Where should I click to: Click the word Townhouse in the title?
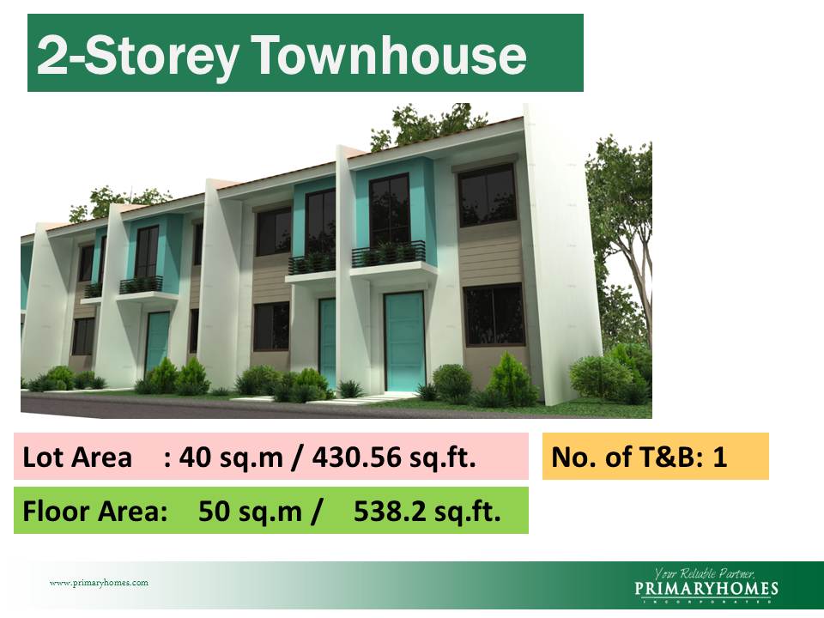(391, 56)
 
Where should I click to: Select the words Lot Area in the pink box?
(78, 457)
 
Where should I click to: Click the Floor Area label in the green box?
(95, 512)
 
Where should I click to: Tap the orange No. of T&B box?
(655, 456)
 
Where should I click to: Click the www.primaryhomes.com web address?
(99, 583)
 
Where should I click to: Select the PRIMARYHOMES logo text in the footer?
(706, 589)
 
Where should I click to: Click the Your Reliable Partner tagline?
(704, 573)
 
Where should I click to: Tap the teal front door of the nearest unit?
(403, 341)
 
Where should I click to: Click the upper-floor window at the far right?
(487, 197)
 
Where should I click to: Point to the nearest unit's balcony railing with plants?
(388, 252)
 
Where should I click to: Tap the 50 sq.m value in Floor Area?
(250, 512)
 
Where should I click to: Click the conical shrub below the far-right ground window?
(512, 379)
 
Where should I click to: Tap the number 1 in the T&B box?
(719, 457)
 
